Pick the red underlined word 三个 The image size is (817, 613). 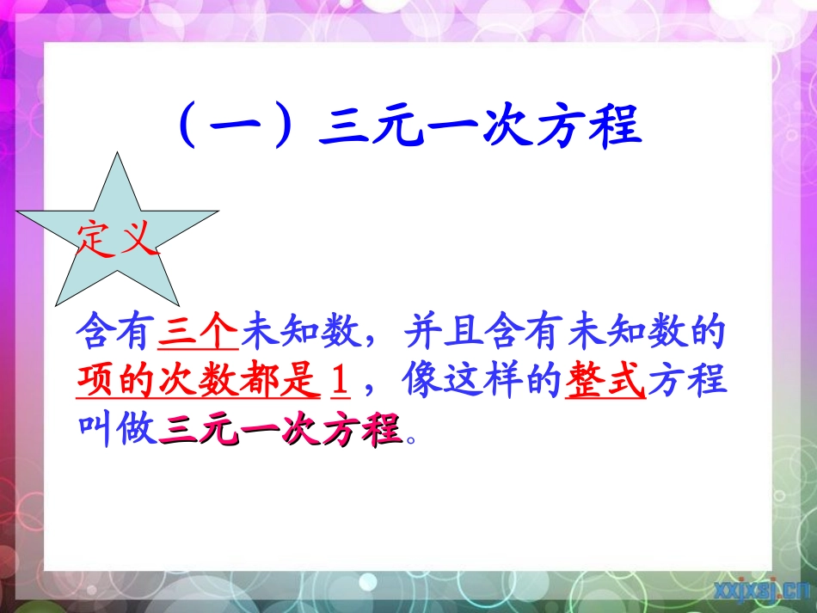[x=199, y=331]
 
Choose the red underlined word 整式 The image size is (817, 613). [x=605, y=379]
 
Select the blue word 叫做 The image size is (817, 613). [x=117, y=427]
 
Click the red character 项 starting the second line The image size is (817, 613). [x=96, y=379]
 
